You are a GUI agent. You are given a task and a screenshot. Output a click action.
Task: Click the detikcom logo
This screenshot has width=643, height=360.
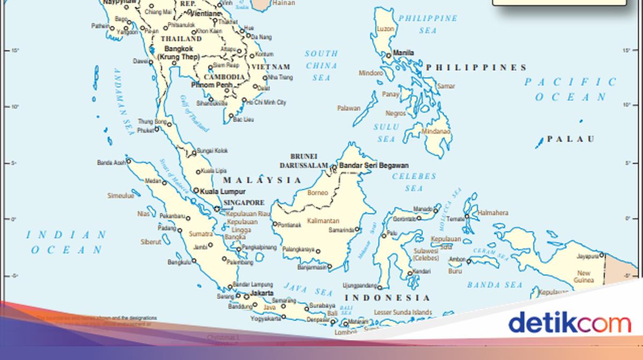[x=569, y=324]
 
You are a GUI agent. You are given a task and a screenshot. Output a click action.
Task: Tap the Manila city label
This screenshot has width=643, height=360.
[x=403, y=53]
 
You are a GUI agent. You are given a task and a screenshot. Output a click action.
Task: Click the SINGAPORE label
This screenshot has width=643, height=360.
[x=244, y=203]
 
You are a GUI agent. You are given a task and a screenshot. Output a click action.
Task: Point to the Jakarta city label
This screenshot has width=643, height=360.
[x=262, y=294]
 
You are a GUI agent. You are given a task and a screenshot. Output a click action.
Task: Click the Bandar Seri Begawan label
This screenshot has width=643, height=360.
[x=373, y=166]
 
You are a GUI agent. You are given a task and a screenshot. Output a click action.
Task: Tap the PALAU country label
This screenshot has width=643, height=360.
[x=572, y=139]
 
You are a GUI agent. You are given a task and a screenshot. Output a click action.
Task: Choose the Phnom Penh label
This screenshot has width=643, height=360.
[x=212, y=85]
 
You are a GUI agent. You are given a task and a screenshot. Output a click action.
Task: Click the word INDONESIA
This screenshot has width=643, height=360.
[x=387, y=298]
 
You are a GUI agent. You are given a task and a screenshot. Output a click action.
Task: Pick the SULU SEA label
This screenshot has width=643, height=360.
[x=386, y=133]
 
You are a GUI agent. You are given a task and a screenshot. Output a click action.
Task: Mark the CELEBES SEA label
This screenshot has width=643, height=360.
[x=414, y=182]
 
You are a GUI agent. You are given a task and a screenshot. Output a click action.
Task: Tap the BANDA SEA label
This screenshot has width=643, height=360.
[x=495, y=285]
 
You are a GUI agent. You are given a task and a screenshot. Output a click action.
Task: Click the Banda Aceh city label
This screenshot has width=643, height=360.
[x=111, y=162]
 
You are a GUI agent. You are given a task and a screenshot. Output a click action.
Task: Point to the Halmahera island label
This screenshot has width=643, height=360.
[x=493, y=213]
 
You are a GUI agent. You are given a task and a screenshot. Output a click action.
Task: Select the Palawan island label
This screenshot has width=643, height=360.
[x=349, y=108]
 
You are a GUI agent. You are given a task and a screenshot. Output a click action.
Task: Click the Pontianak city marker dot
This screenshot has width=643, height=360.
[x=275, y=224]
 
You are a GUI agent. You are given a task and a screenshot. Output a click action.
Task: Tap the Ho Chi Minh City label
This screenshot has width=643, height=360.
[x=266, y=102]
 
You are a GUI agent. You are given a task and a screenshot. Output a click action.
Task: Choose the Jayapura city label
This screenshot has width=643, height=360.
[x=587, y=257]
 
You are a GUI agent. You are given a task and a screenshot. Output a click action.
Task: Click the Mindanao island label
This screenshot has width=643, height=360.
[x=436, y=131]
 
